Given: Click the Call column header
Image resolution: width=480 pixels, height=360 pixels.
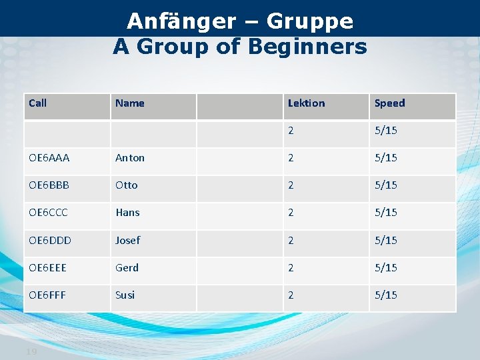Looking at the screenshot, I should (38, 103).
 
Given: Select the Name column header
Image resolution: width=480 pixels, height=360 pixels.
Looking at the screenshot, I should (130, 103).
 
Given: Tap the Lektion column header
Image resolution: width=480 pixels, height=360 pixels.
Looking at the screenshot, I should (306, 103).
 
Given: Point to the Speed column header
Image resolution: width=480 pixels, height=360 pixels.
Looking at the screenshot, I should (389, 103).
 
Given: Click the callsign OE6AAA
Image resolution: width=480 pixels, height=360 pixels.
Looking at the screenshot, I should (49, 158).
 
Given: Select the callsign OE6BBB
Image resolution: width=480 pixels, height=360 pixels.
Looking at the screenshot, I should (49, 185).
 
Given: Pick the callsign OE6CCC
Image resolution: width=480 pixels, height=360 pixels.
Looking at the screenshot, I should (49, 213).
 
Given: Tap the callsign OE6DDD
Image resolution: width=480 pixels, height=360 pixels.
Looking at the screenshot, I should (51, 240).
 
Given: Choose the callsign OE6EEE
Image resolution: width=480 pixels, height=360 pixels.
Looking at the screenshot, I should (49, 267).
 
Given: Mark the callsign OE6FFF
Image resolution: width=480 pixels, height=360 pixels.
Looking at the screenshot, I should (48, 295).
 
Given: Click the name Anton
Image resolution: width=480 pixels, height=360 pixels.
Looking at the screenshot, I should (130, 158).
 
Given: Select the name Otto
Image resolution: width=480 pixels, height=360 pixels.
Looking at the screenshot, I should (127, 185).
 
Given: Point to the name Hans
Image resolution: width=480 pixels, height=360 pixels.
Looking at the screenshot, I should (127, 213).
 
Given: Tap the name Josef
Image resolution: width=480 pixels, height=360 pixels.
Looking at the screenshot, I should (128, 240).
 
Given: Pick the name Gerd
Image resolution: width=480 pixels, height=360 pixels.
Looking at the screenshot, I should (127, 267).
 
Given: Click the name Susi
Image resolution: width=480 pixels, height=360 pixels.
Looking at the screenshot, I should (125, 295).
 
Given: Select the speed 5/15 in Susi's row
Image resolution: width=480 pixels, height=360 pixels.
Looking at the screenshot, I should (386, 295).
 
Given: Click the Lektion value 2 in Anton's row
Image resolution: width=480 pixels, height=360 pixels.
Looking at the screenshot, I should (291, 158).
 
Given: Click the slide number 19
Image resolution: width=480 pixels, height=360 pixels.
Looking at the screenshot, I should (31, 351).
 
